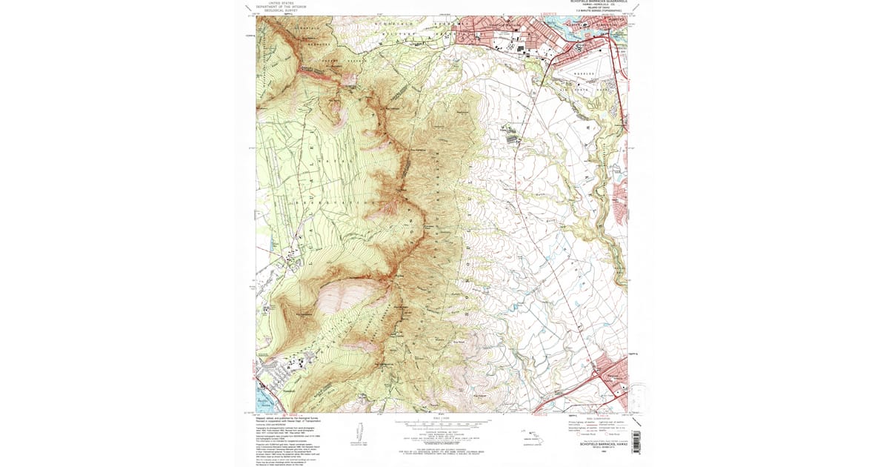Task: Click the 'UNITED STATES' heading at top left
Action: pyautogui.click(x=282, y=3)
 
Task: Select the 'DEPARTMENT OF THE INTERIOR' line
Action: pyautogui.click(x=282, y=7)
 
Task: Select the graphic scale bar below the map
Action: pyautogui.click(x=442, y=423)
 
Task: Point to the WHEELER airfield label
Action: pyautogui.click(x=579, y=73)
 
